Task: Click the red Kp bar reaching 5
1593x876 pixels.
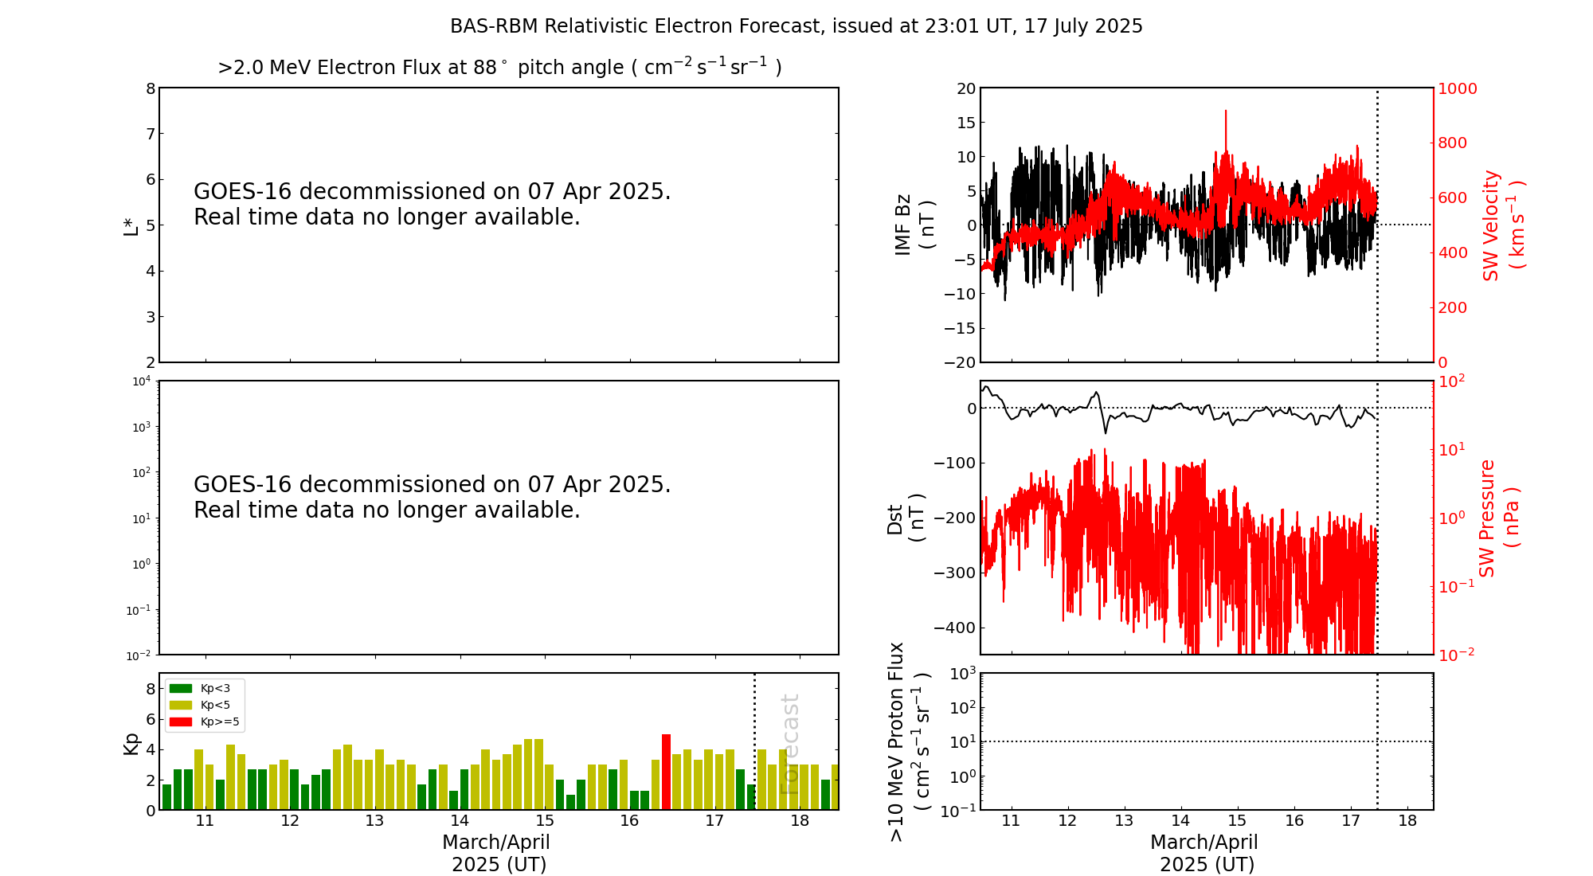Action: coord(666,771)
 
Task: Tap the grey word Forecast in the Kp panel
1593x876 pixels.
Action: coord(789,744)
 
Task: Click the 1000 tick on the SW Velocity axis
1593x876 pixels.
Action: coord(1457,88)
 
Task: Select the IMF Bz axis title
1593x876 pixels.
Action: coord(914,225)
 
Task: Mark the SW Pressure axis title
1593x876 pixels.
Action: coord(1498,518)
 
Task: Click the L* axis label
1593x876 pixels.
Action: coord(131,225)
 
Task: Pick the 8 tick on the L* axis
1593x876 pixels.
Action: coord(151,88)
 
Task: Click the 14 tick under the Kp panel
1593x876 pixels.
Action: coord(460,821)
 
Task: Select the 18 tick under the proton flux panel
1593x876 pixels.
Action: coord(1407,821)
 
